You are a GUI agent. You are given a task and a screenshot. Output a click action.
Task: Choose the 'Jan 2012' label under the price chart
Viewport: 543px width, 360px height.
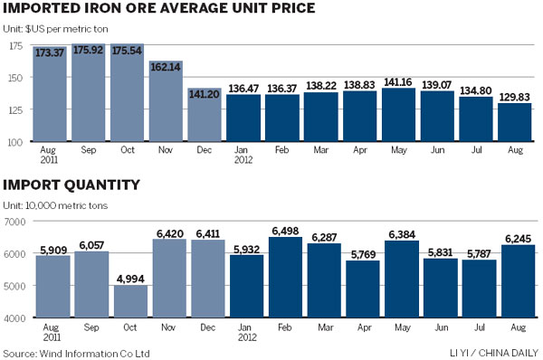243,156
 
